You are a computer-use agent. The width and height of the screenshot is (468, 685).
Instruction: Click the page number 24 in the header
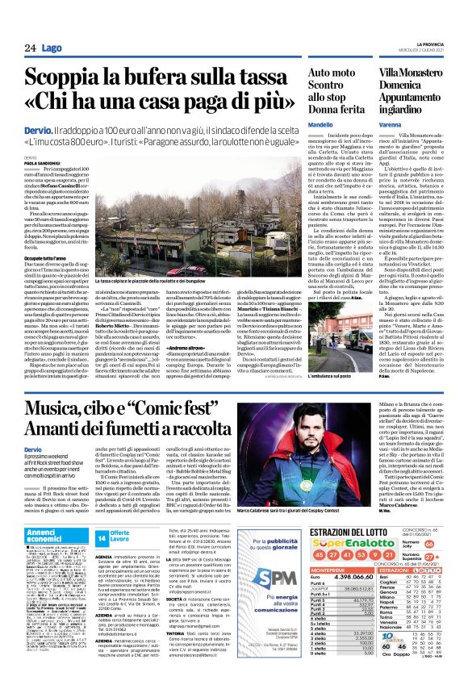click(x=30, y=48)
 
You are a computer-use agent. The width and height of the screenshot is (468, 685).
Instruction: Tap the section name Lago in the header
click(x=52, y=48)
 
